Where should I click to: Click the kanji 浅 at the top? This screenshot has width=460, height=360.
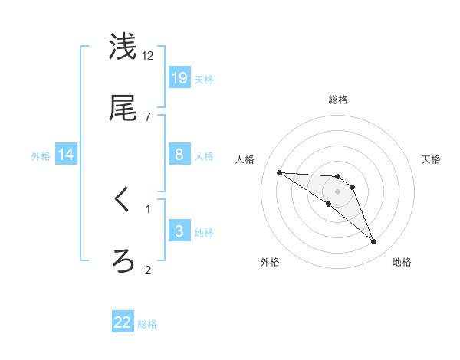pyautogui.click(x=123, y=47)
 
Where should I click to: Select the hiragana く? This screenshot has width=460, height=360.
pyautogui.click(x=123, y=201)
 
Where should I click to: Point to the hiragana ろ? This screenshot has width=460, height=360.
pyautogui.click(x=123, y=261)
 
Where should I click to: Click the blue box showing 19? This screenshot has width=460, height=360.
pyautogui.click(x=179, y=77)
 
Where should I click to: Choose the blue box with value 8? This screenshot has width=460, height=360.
pyautogui.click(x=179, y=155)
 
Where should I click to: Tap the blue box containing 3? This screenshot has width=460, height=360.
pyautogui.click(x=179, y=231)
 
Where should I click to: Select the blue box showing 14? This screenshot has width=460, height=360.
pyautogui.click(x=66, y=155)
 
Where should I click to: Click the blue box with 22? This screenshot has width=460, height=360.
pyautogui.click(x=123, y=322)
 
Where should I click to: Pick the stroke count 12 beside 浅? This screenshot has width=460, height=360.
pyautogui.click(x=147, y=55)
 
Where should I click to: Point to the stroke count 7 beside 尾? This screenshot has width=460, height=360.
pyautogui.click(x=147, y=116)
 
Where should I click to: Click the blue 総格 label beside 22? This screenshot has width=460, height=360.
pyautogui.click(x=147, y=324)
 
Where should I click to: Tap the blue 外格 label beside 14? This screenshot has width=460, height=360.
pyautogui.click(x=41, y=155)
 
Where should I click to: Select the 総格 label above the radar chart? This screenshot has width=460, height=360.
pyautogui.click(x=338, y=100)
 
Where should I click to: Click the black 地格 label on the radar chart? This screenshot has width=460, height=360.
pyautogui.click(x=402, y=262)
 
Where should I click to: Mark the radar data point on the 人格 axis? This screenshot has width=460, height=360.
pyautogui.click(x=280, y=172)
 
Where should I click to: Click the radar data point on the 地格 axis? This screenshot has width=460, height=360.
pyautogui.click(x=373, y=242)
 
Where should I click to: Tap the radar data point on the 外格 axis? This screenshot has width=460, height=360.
pyautogui.click(x=328, y=204)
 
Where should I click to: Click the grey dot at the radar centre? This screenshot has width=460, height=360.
pyautogui.click(x=338, y=191)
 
